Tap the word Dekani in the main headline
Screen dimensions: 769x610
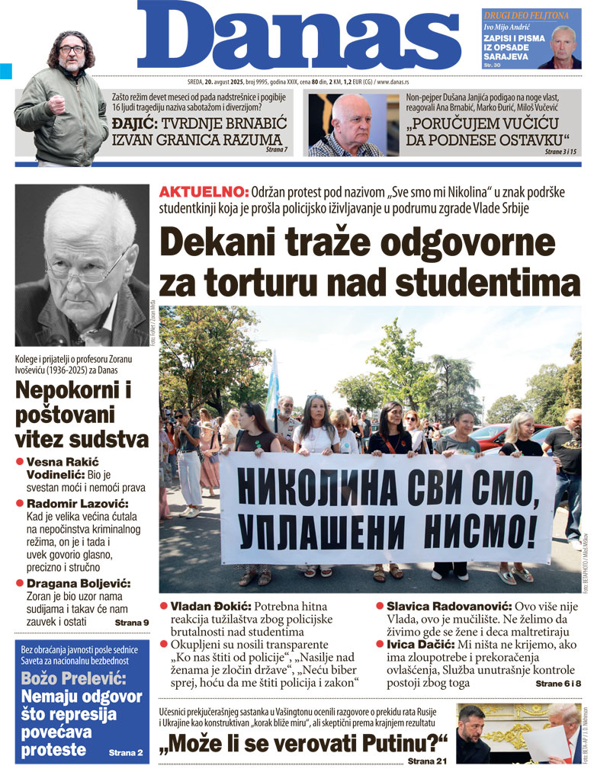[x=229, y=244]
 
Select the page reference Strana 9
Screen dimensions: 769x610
[x=131, y=623]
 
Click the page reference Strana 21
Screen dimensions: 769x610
[x=427, y=760]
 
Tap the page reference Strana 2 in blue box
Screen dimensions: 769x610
[x=125, y=752]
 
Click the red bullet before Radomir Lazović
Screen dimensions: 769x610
[x=20, y=504]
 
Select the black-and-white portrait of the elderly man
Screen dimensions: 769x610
[x=82, y=265]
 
